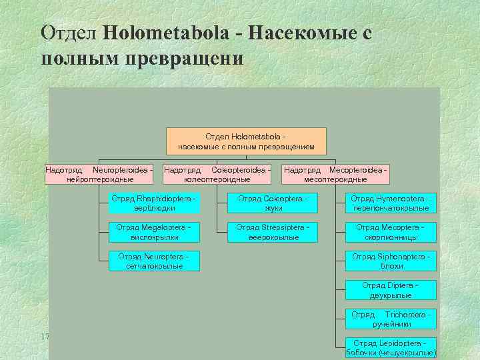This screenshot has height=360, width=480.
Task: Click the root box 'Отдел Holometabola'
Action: (246, 141)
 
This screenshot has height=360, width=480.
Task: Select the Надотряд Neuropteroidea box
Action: (99, 175)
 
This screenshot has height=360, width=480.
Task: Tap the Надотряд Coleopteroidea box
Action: (217, 175)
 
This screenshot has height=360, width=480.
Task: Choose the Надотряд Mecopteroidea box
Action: (335, 175)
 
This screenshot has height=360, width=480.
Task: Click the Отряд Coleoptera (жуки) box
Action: (273, 203)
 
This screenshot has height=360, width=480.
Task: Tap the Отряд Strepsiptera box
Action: (273, 232)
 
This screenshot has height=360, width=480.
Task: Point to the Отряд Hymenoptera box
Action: (391, 203)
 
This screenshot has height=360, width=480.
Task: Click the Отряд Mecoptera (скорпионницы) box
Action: (391, 232)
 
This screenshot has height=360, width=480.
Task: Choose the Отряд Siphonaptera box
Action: (391, 261)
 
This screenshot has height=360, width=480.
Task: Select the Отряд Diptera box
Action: (391, 290)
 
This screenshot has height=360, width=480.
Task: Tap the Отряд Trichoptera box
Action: (391, 319)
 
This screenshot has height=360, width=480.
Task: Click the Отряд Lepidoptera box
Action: (391, 347)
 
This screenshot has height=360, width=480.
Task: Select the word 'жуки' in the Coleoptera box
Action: (273, 208)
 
